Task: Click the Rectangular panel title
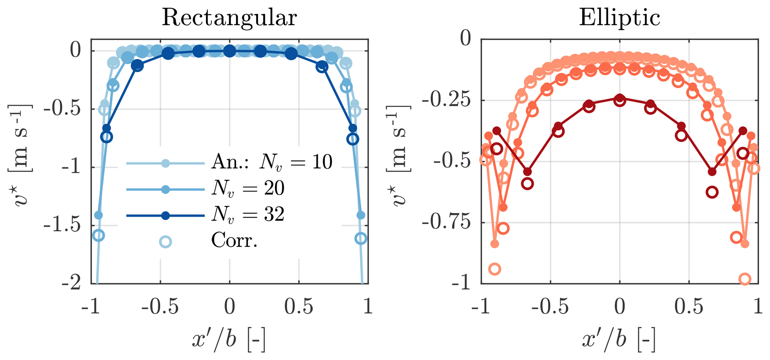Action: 229,18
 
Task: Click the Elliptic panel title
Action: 619,18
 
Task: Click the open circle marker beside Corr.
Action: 165,242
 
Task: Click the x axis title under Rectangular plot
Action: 229,340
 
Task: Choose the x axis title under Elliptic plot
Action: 618,340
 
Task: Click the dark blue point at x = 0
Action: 230,51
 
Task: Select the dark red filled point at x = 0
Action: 620,98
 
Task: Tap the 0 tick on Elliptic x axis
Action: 620,307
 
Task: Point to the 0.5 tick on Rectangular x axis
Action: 299,307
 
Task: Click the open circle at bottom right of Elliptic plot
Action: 745,279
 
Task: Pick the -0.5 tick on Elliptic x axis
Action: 550,307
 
